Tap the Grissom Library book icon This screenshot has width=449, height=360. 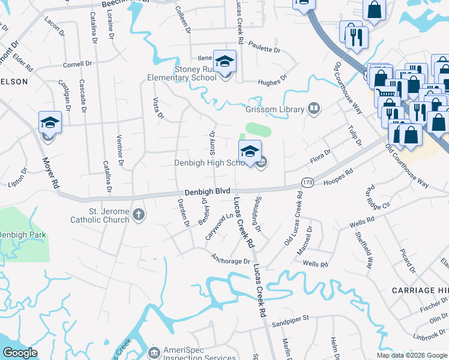tap(313, 109)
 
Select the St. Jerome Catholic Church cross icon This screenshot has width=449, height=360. tap(139, 215)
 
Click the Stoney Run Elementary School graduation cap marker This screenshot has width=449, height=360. tap(224, 62)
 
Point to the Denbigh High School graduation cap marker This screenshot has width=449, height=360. tap(250, 151)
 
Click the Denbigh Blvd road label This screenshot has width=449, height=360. tap(207, 191)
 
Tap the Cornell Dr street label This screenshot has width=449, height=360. tap(78, 63)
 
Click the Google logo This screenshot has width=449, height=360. tap(20, 353)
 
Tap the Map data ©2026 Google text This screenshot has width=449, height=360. tap(411, 355)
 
